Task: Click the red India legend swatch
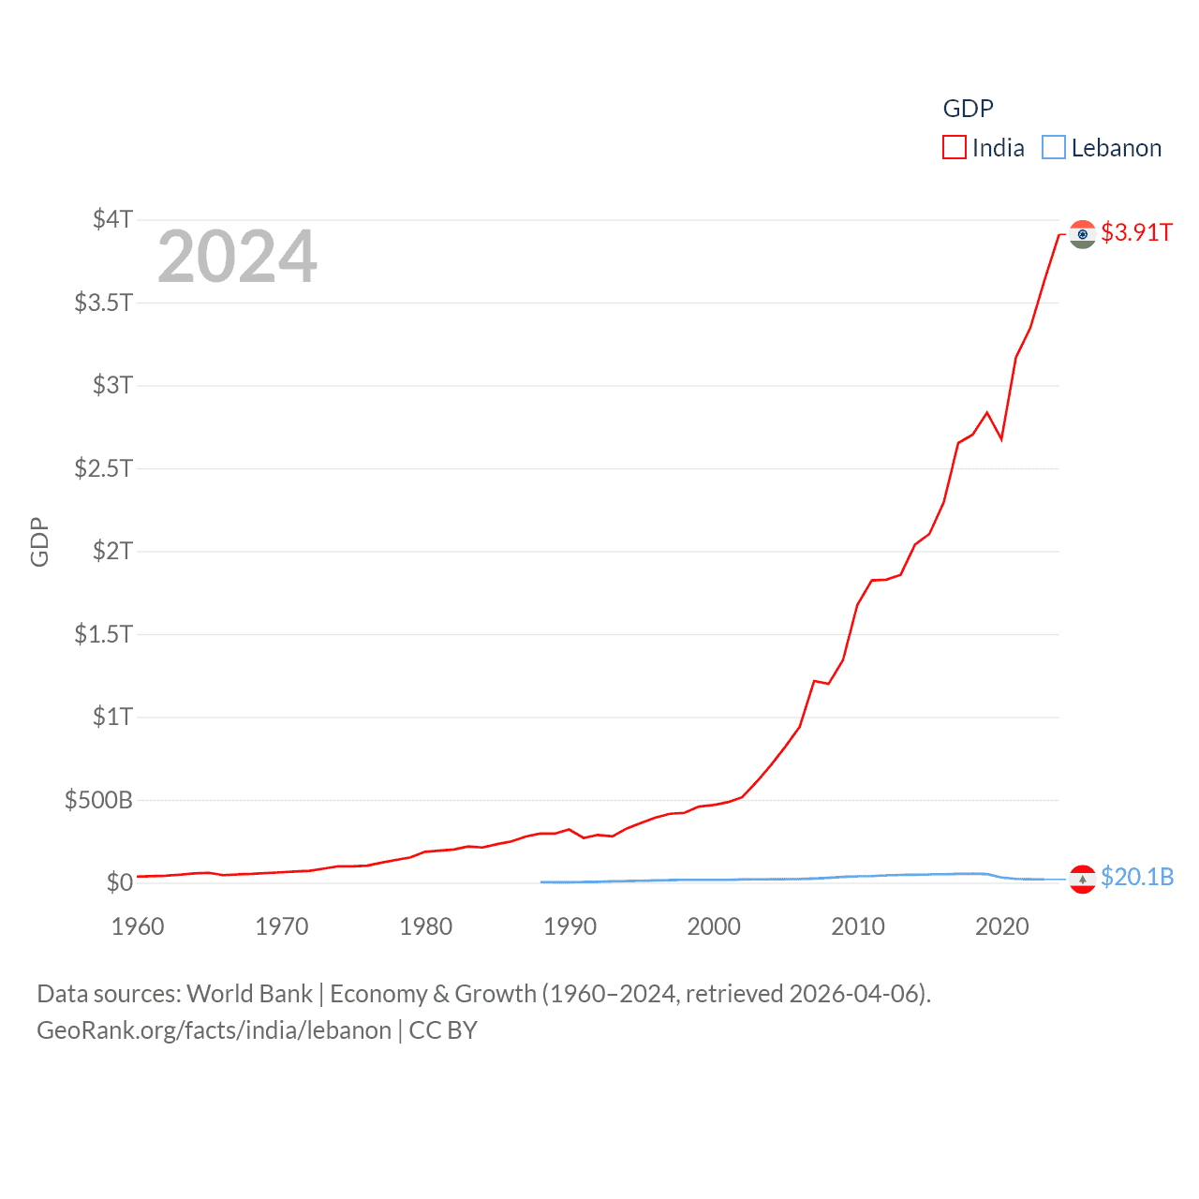pos(954,148)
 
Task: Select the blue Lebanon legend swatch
pos(1054,148)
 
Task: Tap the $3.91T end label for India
pos(1136,232)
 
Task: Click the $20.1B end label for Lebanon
pos(1136,877)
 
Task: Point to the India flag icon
pos(1083,234)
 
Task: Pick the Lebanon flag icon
pos(1083,879)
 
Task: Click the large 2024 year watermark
pos(237,257)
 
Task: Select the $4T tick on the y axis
pos(112,219)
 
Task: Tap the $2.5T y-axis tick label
pos(103,467)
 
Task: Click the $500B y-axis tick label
pos(98,800)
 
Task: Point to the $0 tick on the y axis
pos(119,882)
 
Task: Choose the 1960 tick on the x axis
pos(138,926)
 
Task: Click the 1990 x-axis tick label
pos(570,926)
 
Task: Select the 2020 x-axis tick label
pos(1001,926)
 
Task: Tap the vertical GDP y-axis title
pos(39,541)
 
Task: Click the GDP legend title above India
pos(968,109)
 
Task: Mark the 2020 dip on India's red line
pos(1001,438)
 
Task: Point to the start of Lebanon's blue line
pos(541,881)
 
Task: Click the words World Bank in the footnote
pos(249,994)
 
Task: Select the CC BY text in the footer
pos(443,1030)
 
